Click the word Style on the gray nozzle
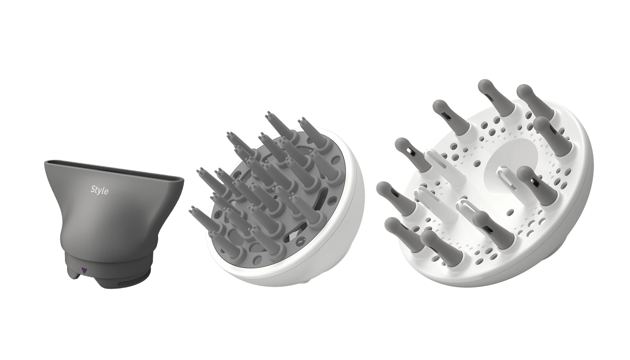(100, 190)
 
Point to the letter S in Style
(93, 189)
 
